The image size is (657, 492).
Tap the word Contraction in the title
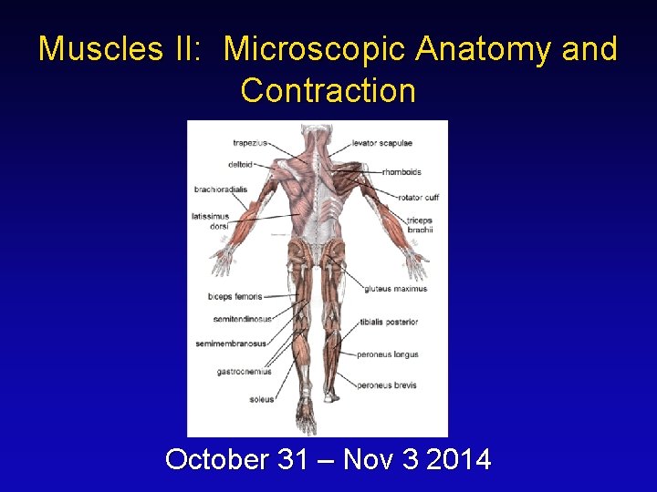(328, 91)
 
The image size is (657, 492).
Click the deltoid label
(240, 165)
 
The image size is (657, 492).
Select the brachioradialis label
(220, 190)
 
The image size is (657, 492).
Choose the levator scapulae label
(382, 143)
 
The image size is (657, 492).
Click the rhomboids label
(401, 171)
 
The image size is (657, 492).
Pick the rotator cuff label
(418, 197)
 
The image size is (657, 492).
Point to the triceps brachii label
(420, 225)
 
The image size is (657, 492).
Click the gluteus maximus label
(395, 289)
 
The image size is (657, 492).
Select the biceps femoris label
(235, 296)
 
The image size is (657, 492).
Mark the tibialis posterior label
(389, 322)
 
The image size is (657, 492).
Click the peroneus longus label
(387, 354)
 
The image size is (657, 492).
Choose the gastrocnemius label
(244, 372)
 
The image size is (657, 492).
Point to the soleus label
(261, 399)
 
